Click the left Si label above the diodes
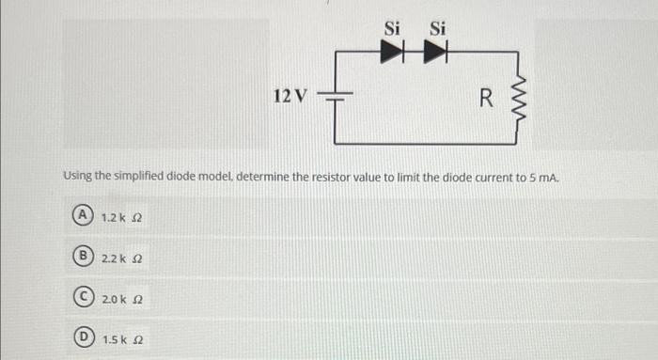(x=393, y=28)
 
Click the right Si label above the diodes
(x=437, y=28)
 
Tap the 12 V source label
(x=290, y=96)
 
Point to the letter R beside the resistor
(x=485, y=97)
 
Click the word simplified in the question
(x=146, y=176)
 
